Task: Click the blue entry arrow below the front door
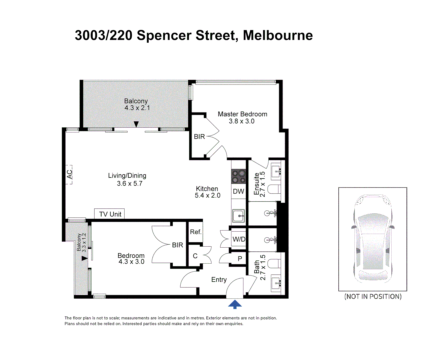(235, 304)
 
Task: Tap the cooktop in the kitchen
(238, 177)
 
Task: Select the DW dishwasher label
(238, 191)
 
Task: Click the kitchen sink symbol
(238, 216)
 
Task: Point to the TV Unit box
(109, 214)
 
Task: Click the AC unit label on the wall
(70, 174)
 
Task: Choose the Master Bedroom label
(243, 114)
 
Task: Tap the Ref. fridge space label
(195, 232)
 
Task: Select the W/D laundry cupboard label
(239, 239)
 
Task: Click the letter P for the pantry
(240, 258)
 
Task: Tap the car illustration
(373, 239)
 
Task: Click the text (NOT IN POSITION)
(373, 296)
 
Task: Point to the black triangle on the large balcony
(136, 124)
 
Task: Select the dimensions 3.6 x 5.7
(130, 183)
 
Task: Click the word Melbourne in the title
(278, 35)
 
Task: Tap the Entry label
(219, 280)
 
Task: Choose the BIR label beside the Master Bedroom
(199, 137)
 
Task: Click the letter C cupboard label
(195, 256)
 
